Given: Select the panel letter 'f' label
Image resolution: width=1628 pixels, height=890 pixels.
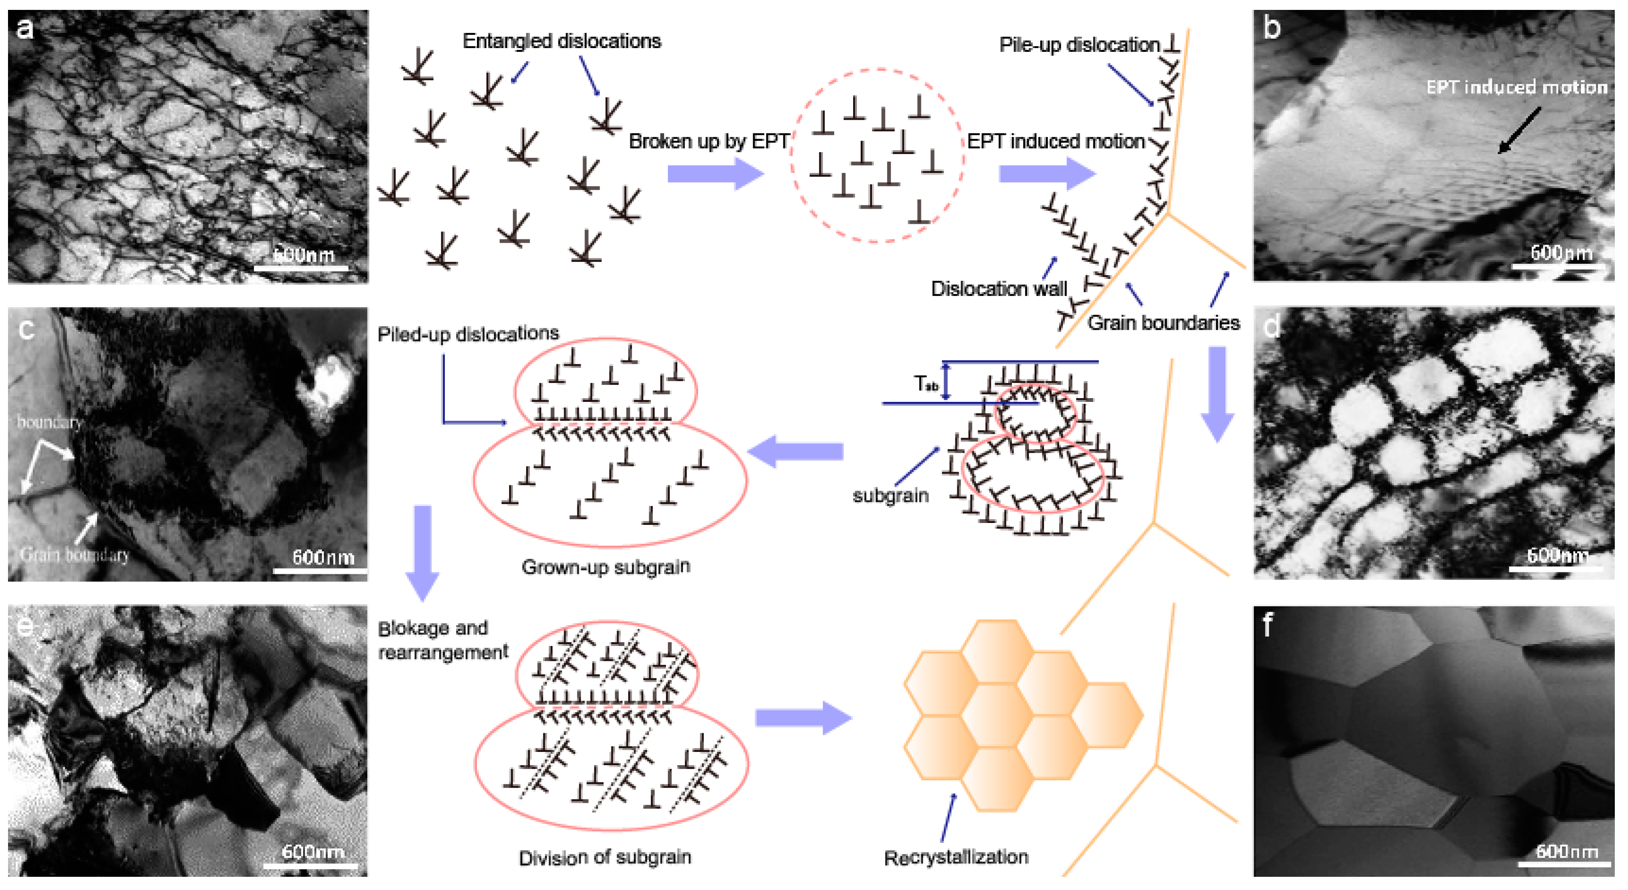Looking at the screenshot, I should point(1266,625).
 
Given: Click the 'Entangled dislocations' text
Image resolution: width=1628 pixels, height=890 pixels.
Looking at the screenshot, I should point(561,41).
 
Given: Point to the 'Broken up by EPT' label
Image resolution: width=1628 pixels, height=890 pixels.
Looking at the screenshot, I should point(708,141).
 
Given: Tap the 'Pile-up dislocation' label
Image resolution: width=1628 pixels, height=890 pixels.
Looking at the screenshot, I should point(1079,45).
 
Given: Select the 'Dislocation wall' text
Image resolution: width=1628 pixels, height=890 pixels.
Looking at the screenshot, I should point(999,289).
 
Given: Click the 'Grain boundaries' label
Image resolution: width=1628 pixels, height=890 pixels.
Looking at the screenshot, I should point(1163,323).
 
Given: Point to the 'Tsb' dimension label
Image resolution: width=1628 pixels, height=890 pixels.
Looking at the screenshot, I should point(926,384).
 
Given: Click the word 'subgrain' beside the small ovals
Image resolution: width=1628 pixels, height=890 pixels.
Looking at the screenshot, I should point(890,495).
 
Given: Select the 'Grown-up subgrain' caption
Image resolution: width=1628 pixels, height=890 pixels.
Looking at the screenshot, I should point(606,567).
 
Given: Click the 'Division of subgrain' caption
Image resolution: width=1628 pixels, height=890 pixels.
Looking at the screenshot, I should point(605,857).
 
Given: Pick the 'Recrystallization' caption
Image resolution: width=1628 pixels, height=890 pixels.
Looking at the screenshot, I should point(955,857).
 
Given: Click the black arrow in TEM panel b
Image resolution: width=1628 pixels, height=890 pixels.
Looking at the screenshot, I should point(1519,130).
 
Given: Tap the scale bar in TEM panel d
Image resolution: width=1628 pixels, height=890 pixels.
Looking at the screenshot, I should point(1555,569).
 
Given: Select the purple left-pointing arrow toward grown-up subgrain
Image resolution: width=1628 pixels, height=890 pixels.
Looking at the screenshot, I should point(796,451).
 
